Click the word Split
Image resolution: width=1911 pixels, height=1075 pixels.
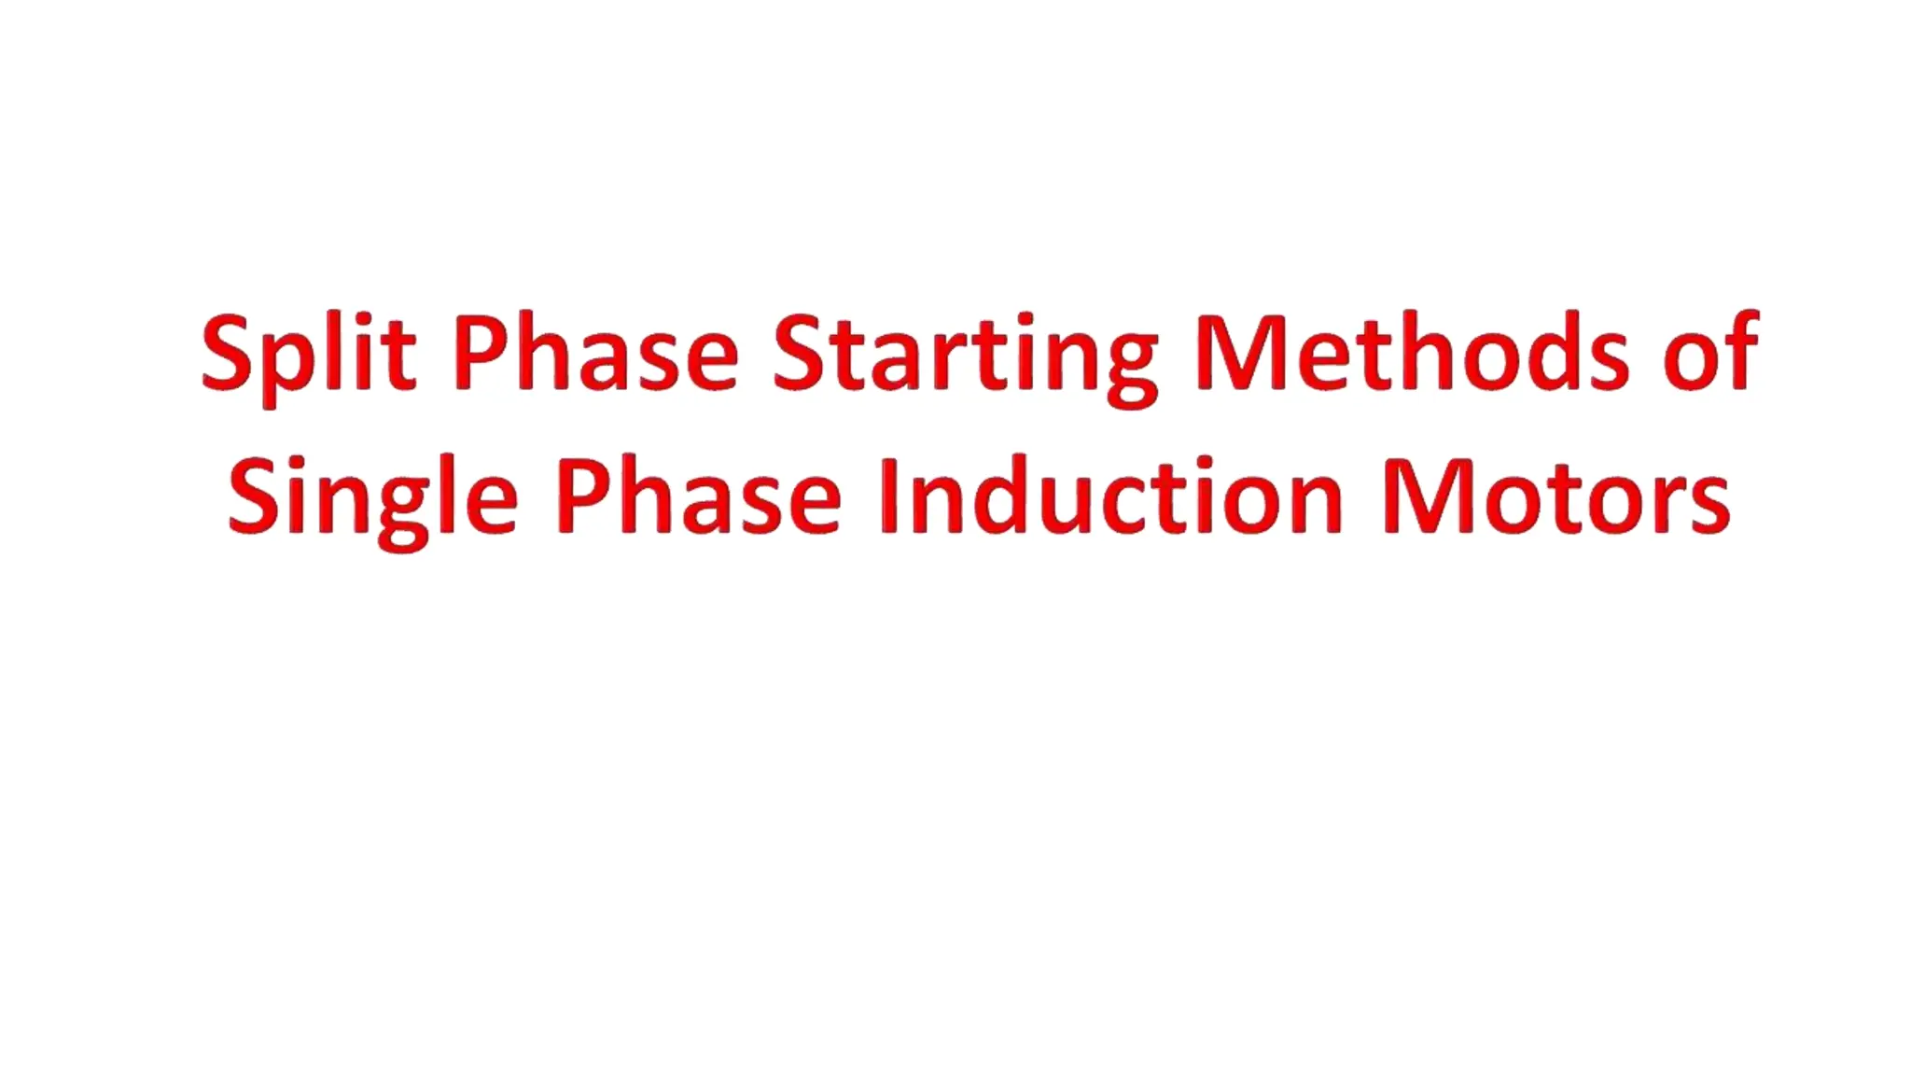click(308, 355)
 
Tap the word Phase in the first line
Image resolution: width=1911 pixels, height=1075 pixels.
click(595, 355)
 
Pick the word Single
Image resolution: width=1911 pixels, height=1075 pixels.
click(372, 498)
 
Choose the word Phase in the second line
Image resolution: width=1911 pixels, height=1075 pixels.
click(698, 498)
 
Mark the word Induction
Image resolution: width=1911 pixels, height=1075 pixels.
click(1110, 498)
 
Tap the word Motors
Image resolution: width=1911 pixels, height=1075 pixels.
click(1556, 498)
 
